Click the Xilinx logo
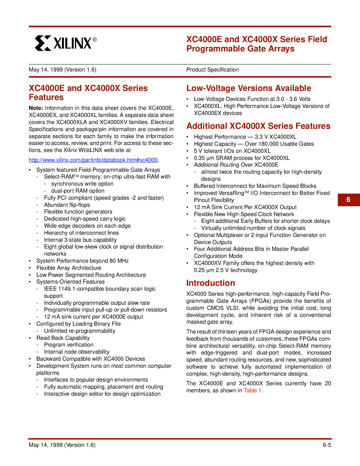click(66, 43)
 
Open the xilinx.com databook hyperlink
click(93, 160)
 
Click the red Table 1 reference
click(252, 391)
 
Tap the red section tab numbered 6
click(348, 200)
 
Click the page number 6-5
click(327, 445)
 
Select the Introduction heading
click(211, 283)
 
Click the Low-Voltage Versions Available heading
click(248, 88)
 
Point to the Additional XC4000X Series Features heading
click(258, 126)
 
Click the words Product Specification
click(212, 70)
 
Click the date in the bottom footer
click(62, 445)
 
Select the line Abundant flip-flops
click(67, 205)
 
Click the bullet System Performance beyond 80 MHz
click(82, 261)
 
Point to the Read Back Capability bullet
click(63, 338)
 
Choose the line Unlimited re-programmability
click(80, 331)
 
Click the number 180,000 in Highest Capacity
click(267, 144)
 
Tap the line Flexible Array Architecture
click(69, 268)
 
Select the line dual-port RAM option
click(78, 191)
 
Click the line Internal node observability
click(77, 352)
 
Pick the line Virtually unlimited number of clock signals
click(253, 228)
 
